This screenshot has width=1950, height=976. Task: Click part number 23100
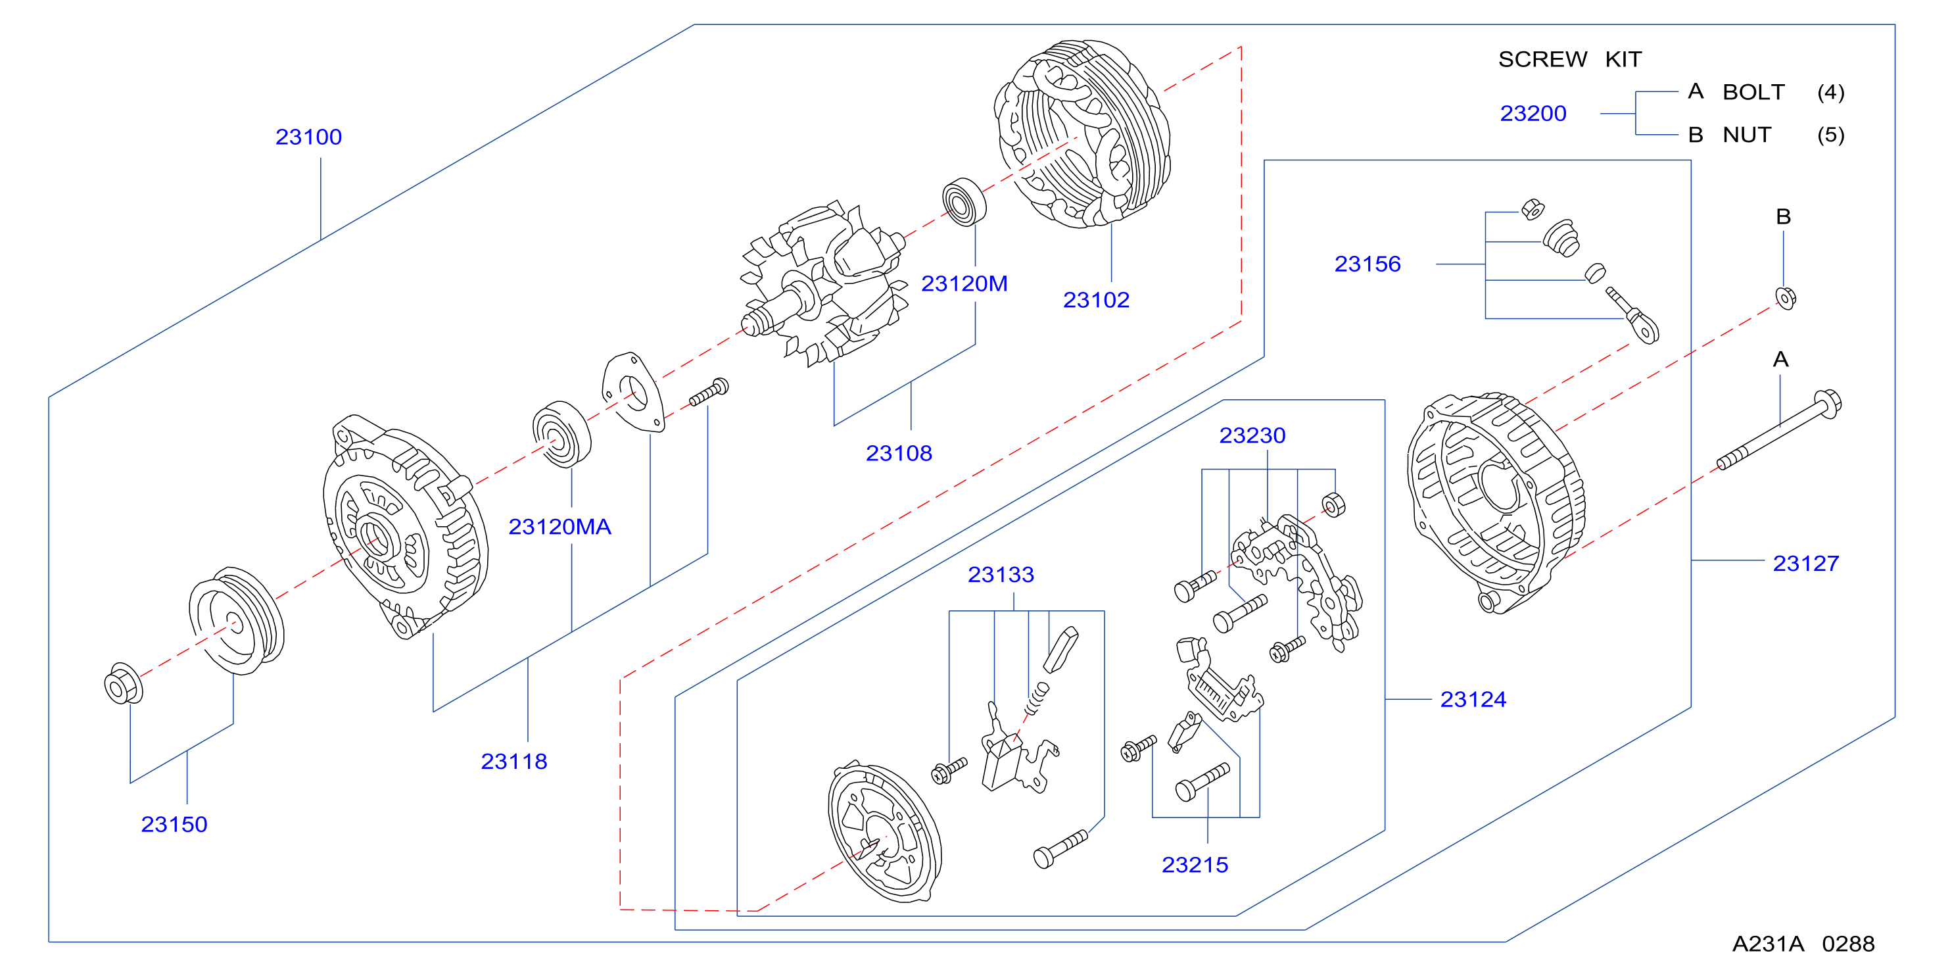[x=308, y=137]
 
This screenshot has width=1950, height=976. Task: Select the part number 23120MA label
[x=559, y=527]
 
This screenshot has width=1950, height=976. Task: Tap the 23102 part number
[x=1096, y=301]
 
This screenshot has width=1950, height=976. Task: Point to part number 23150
[x=174, y=825]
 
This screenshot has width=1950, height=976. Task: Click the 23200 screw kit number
[x=1533, y=114]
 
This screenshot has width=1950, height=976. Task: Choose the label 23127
[x=1805, y=564]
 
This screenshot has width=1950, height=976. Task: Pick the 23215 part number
[x=1195, y=865]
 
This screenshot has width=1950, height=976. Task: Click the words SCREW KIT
[x=1570, y=59]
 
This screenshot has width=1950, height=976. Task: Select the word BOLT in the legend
[x=1753, y=92]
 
